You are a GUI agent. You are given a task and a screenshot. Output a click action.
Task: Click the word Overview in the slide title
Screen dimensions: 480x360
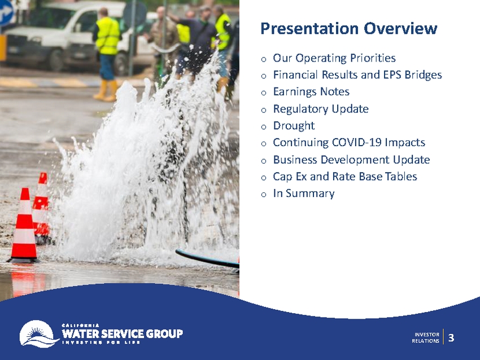point(400,28)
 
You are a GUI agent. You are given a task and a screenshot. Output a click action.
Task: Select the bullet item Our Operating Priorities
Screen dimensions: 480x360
point(334,58)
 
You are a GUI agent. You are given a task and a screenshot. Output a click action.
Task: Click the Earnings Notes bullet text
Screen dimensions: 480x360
point(311,92)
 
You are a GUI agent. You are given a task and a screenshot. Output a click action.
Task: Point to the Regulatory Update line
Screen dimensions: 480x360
point(321,109)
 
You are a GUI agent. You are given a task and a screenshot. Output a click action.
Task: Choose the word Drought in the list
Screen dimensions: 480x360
point(294,126)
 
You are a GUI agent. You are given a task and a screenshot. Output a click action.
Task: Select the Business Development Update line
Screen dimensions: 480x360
point(351,160)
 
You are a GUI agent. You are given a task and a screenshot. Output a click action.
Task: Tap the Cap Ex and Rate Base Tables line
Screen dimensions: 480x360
point(345,177)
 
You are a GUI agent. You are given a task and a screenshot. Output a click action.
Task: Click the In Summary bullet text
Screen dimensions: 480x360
point(304,194)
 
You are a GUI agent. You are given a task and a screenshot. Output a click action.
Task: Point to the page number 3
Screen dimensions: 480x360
point(451,338)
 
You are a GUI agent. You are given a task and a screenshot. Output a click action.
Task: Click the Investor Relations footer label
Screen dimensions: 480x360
point(426,337)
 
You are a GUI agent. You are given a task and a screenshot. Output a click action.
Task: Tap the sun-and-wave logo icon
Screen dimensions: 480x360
point(38,333)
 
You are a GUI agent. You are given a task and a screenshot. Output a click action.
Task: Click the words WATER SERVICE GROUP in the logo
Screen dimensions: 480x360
point(123,333)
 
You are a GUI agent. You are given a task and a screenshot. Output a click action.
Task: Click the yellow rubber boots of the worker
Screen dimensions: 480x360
point(106,90)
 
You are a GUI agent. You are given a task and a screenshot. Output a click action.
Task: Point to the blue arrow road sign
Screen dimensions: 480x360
point(6,13)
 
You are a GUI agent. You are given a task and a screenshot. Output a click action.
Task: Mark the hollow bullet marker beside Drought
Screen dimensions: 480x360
point(264,127)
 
